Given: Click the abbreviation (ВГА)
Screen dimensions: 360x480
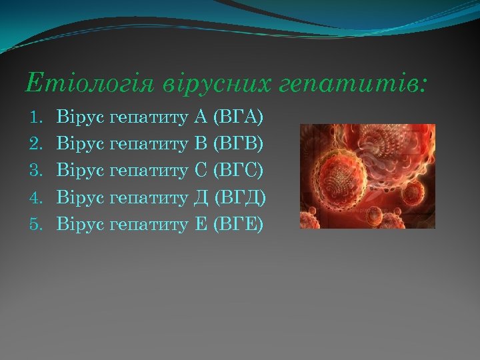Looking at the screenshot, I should tap(238, 118).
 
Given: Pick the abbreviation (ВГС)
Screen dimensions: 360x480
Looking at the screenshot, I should tap(238, 171).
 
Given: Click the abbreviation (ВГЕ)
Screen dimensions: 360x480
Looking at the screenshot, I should tap(238, 224).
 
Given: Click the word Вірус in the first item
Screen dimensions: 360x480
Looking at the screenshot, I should tap(80, 118).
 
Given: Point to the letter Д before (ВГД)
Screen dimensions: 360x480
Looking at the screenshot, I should tap(201, 197).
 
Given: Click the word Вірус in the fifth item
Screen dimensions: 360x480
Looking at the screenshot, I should tap(80, 224).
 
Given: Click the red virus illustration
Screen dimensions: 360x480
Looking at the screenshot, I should tap(367, 176).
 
